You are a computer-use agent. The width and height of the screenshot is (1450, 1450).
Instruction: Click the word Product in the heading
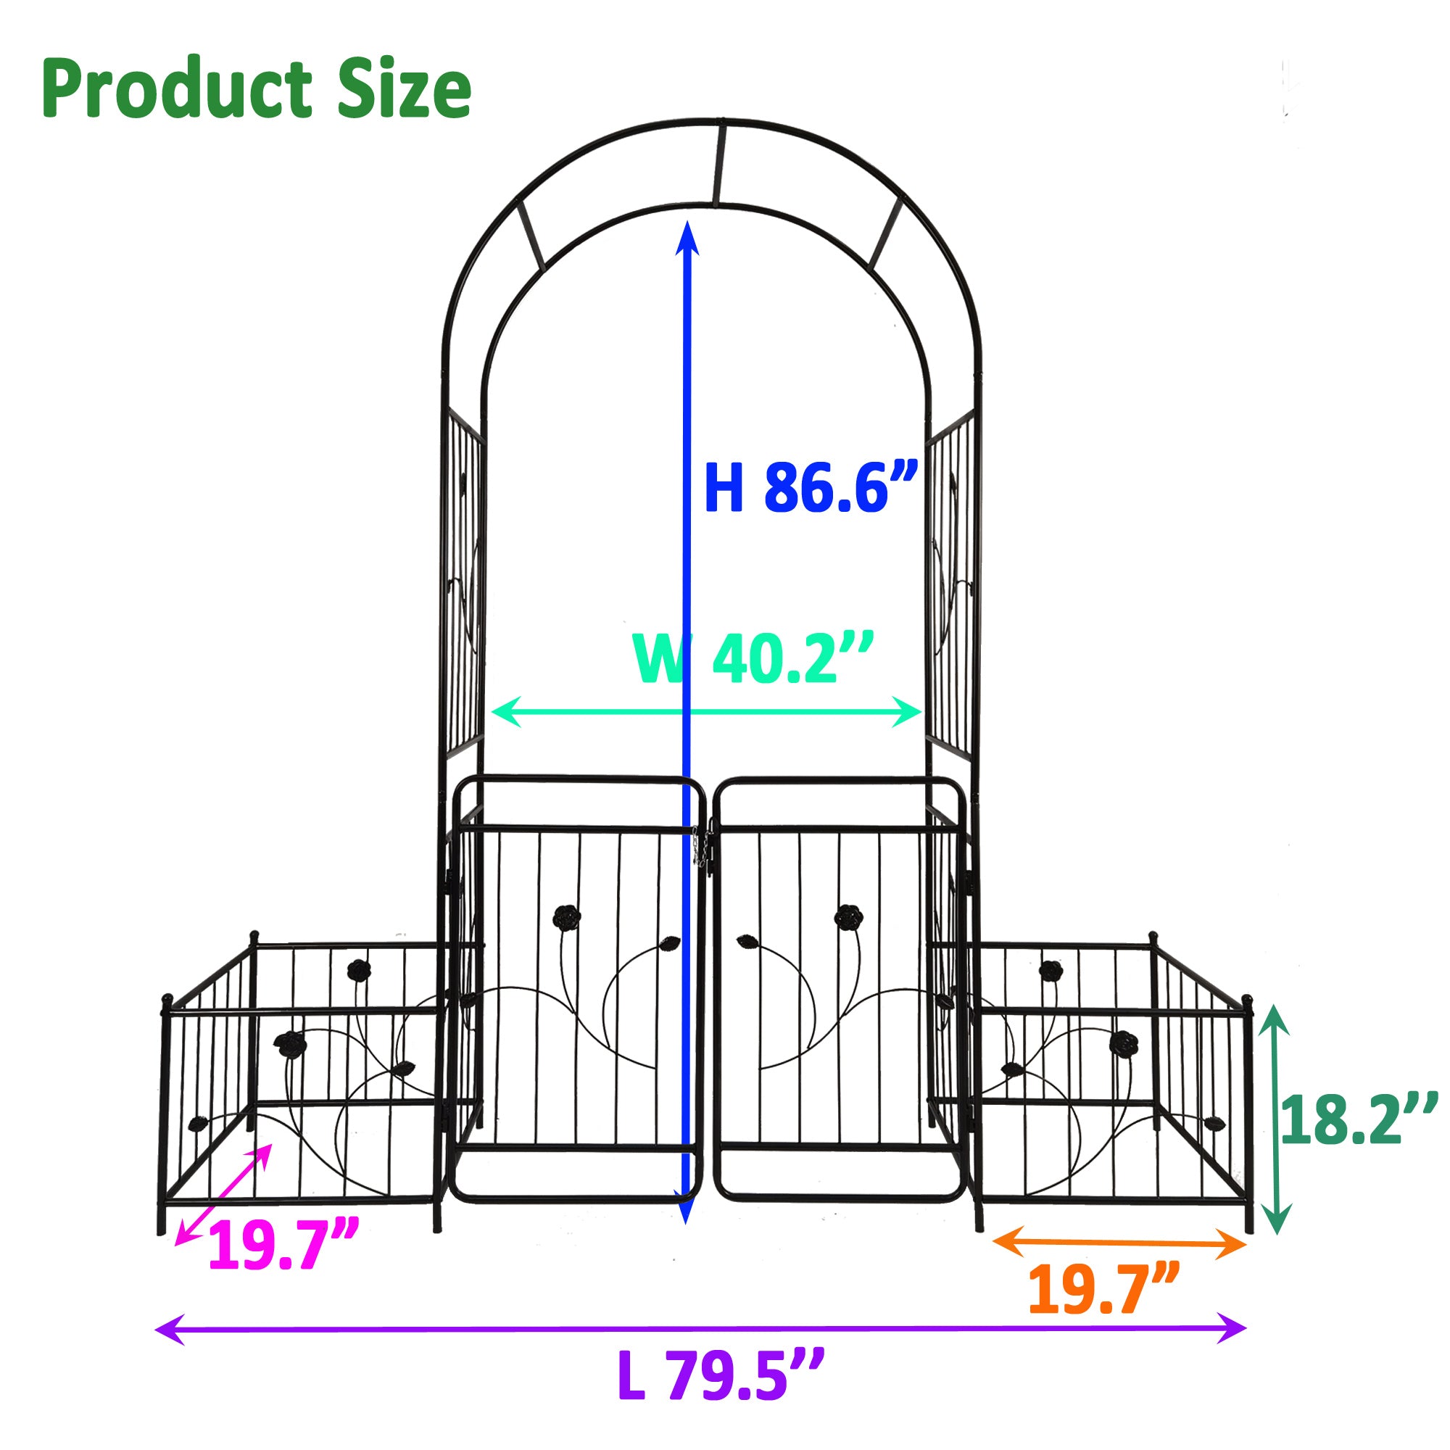tap(177, 90)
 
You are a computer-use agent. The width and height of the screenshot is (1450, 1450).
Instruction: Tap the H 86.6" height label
tap(811, 488)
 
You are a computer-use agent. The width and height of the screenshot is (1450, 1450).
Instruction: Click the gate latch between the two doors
tap(703, 848)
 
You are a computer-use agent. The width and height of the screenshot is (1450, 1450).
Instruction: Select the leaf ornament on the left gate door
tap(670, 942)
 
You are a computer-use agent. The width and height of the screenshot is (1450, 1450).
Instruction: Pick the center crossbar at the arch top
tap(719, 162)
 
